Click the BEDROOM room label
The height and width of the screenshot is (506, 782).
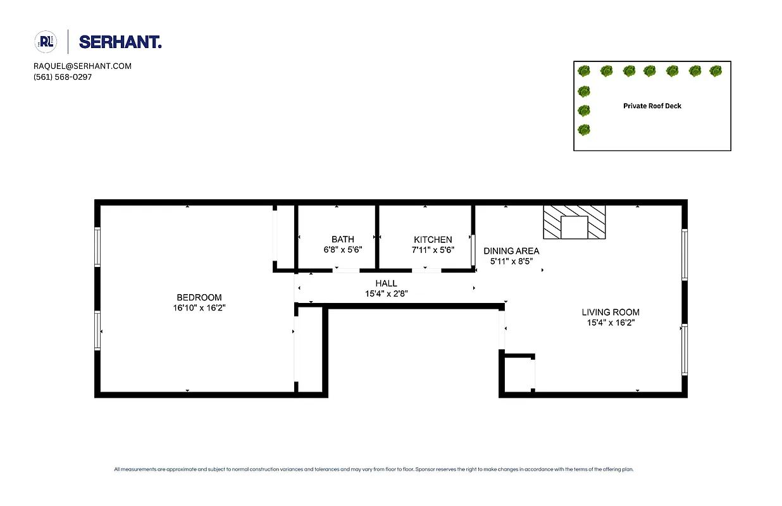199,298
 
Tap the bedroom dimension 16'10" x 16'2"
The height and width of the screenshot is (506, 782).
199,308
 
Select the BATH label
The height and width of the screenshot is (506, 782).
343,240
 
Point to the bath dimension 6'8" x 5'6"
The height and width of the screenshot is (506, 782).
343,250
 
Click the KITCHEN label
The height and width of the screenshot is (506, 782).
433,240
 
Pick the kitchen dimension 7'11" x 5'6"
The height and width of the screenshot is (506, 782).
433,250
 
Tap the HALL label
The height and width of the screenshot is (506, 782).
386,283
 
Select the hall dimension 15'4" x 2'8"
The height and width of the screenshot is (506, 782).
386,293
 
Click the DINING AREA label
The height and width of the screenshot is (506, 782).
511,251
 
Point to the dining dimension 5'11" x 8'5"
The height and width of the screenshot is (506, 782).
511,261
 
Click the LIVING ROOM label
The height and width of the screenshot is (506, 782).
611,312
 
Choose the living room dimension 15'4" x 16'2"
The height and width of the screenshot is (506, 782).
611,323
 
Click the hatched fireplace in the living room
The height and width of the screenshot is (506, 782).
574,222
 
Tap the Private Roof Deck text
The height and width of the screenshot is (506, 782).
652,106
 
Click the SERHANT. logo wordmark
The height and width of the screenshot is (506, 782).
120,42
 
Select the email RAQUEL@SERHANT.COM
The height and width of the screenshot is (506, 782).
82,66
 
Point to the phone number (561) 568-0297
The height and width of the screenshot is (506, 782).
63,77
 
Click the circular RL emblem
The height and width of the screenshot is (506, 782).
46,42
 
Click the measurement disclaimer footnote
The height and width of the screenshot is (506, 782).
373,469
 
